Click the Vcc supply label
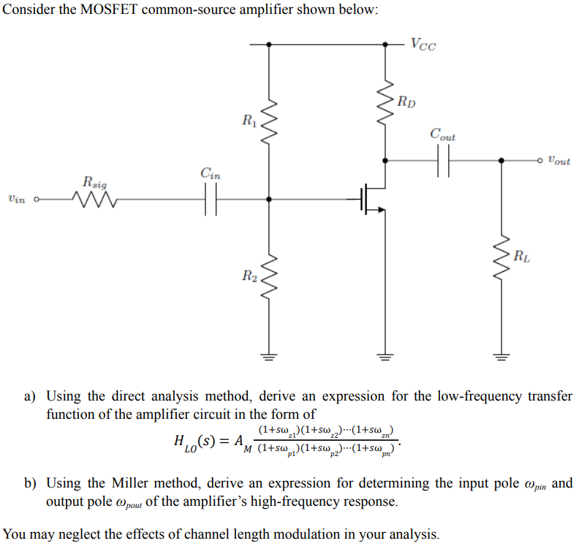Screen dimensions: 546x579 [423, 45]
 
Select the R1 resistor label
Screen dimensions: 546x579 [249, 118]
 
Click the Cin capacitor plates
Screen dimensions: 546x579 [211, 198]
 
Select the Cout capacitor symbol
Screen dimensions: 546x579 [443, 159]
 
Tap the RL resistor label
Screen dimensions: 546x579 [521, 256]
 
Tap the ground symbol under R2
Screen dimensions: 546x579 [269, 358]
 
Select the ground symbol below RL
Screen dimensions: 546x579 [502, 358]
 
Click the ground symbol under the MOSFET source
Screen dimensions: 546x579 [387, 358]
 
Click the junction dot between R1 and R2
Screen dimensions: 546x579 [269, 198]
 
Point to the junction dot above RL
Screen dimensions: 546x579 [502, 159]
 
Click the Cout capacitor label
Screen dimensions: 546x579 [442, 135]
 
